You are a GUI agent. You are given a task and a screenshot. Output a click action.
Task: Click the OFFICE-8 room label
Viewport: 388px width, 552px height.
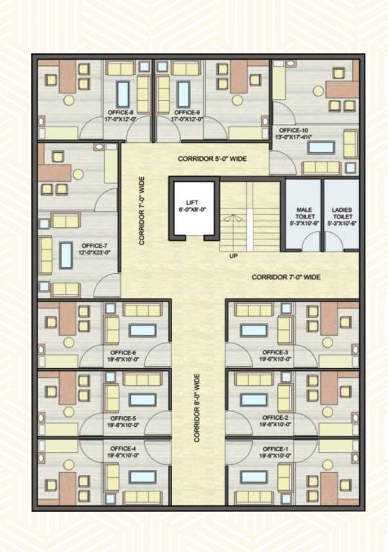click(119, 113)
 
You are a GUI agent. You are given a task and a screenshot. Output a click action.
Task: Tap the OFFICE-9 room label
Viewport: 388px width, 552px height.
click(186, 113)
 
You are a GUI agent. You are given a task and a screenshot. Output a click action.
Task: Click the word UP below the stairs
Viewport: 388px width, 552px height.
click(233, 256)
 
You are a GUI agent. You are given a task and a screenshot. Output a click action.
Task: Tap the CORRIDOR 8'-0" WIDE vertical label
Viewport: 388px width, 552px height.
click(197, 407)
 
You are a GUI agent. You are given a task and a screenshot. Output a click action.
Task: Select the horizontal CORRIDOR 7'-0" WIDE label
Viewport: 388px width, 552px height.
click(286, 277)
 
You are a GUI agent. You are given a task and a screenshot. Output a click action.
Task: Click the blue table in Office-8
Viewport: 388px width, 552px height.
click(122, 92)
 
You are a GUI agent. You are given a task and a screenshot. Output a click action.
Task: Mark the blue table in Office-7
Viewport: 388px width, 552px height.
click(66, 254)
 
